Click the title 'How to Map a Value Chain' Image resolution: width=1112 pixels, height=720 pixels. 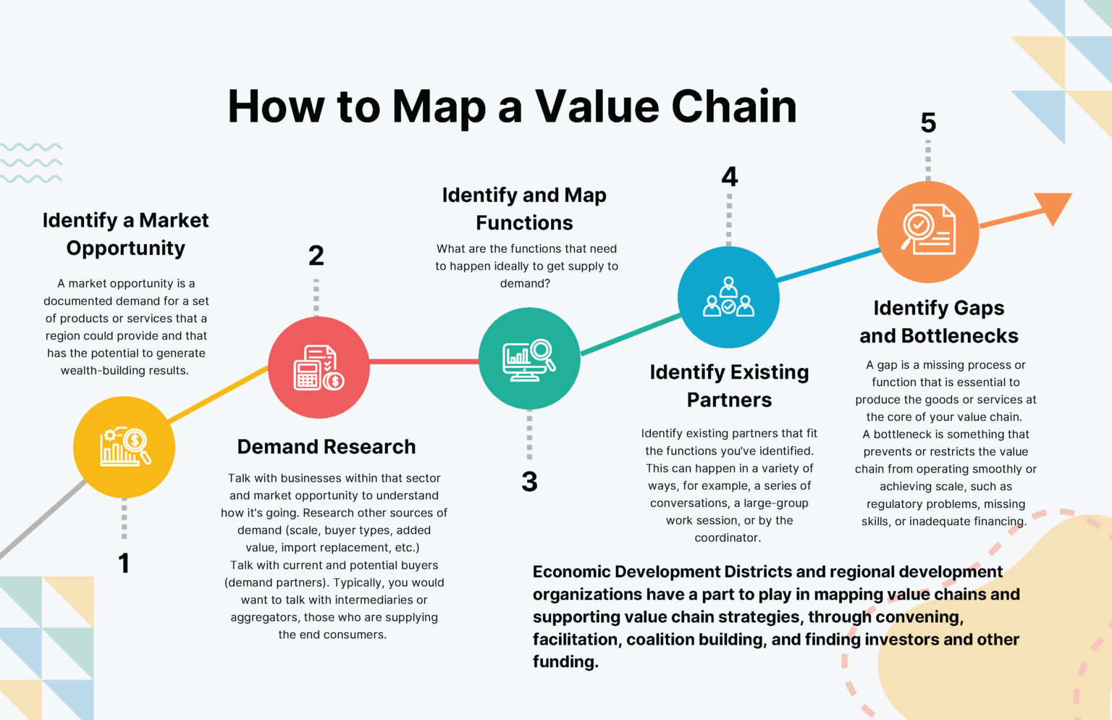512,106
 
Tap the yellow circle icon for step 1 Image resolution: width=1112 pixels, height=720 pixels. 124,447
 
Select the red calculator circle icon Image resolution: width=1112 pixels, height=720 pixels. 319,367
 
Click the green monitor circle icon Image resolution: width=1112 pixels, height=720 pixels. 529,359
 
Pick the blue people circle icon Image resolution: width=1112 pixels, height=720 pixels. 728,297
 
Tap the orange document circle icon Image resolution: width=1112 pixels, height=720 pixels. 928,231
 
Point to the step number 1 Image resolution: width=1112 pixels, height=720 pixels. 124,563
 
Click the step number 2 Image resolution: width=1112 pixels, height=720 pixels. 316,255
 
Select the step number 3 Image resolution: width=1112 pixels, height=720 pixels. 529,482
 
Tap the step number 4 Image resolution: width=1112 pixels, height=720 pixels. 729,177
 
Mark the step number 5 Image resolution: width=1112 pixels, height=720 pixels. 928,122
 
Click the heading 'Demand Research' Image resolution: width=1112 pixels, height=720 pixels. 327,447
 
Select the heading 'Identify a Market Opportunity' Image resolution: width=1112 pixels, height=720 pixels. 125,233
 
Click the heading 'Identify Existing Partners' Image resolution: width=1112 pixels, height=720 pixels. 729,385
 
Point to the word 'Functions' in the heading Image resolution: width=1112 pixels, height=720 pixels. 524,222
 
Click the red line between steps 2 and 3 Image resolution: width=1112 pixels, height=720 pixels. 424,361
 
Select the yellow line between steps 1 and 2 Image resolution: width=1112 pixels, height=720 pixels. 218,394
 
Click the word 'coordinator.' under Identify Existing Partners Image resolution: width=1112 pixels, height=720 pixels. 728,537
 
